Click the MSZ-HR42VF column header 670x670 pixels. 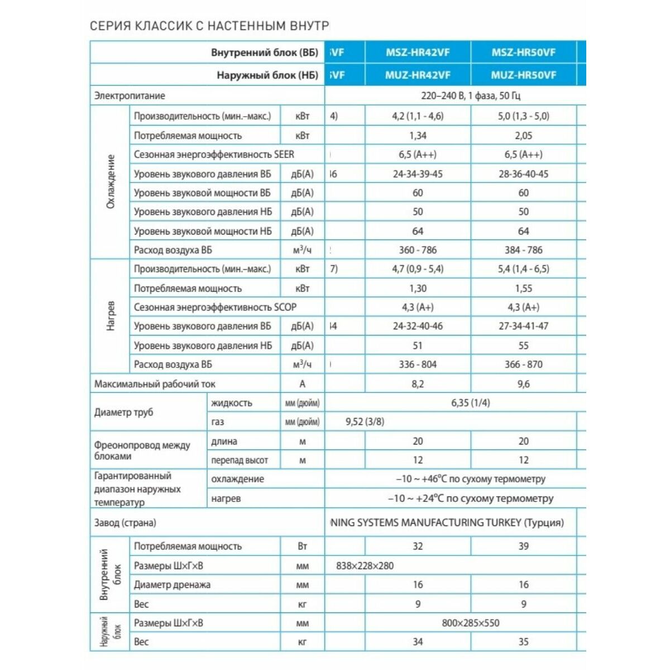click(x=418, y=52)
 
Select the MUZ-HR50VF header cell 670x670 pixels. click(x=523, y=75)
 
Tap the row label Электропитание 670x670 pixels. click(x=130, y=95)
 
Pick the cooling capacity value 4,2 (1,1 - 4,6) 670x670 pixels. click(x=418, y=116)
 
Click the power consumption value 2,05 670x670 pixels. click(x=523, y=136)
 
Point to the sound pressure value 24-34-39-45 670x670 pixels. click(x=418, y=174)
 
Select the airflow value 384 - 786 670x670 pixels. click(x=523, y=250)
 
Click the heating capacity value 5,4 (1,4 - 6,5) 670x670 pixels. click(x=523, y=269)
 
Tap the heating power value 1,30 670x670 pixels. click(x=418, y=289)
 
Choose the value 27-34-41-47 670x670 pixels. click(x=523, y=326)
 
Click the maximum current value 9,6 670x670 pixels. click(x=523, y=384)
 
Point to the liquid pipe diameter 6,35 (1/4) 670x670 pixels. click(x=471, y=403)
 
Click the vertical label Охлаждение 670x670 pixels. click(x=110, y=181)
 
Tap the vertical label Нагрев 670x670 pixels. click(x=110, y=317)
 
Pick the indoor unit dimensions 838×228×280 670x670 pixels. click(x=365, y=566)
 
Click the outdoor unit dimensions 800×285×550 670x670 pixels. click(x=471, y=623)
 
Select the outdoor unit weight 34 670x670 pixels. click(x=418, y=642)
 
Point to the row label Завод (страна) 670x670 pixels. click(x=125, y=523)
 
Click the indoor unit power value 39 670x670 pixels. click(x=523, y=547)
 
